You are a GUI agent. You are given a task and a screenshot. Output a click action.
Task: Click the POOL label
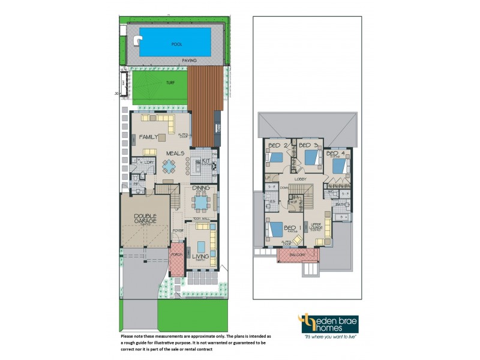(176, 44)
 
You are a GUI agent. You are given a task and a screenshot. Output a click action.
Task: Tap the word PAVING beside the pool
(191, 61)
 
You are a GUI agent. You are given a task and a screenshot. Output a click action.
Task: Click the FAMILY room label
(148, 137)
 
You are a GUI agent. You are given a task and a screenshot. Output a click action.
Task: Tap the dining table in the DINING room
(200, 203)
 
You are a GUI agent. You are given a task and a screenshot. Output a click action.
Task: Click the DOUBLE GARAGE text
(145, 220)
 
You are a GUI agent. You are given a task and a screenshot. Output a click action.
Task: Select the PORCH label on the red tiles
(177, 254)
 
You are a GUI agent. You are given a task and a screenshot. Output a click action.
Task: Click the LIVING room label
(200, 256)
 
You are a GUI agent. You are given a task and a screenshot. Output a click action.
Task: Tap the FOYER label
(178, 230)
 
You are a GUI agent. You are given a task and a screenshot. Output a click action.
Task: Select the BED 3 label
(308, 146)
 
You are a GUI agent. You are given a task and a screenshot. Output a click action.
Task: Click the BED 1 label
(291, 228)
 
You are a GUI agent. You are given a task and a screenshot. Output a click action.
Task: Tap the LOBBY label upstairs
(301, 179)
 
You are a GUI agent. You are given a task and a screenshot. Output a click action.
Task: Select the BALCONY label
(298, 255)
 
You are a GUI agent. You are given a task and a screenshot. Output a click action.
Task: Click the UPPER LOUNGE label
(316, 227)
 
